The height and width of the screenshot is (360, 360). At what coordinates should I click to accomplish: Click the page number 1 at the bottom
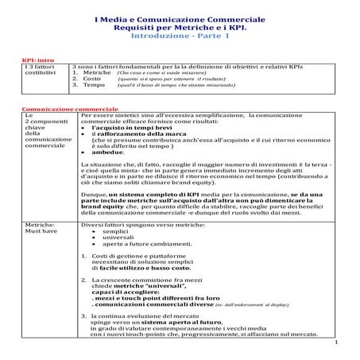click(336, 342)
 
